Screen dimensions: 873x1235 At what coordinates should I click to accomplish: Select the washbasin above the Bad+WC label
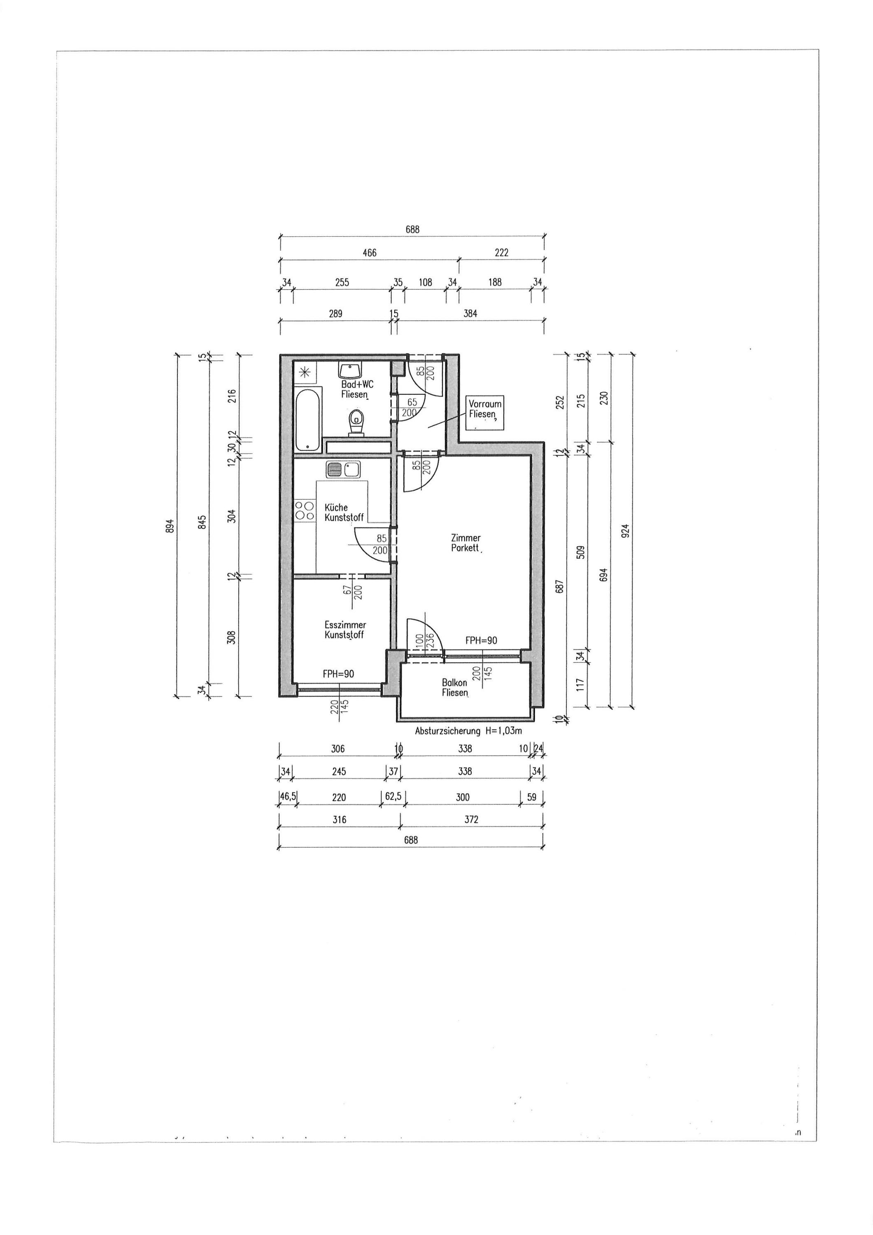click(x=349, y=370)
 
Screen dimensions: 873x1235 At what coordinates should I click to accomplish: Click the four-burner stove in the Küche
click(x=305, y=510)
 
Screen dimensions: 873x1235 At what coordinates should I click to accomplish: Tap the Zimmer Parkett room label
click(x=466, y=543)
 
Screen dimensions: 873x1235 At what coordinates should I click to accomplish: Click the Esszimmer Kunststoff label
click(x=345, y=630)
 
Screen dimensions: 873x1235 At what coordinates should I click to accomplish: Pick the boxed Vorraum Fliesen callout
click(x=484, y=413)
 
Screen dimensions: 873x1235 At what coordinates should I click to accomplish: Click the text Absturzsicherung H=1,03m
click(x=468, y=731)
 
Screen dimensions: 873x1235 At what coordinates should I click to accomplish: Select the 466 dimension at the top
click(x=370, y=252)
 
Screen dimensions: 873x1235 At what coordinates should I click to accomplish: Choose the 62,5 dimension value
click(x=393, y=797)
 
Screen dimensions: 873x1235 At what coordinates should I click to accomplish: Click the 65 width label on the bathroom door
click(x=412, y=402)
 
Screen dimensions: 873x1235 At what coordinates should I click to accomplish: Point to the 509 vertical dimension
click(x=580, y=552)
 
